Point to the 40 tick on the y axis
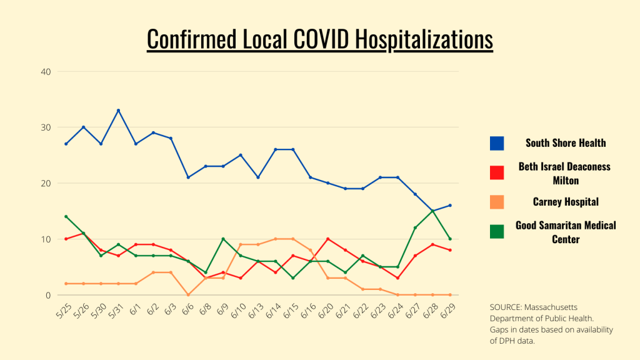[x=46, y=71]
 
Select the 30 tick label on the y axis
[x=46, y=127]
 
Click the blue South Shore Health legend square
[x=497, y=143]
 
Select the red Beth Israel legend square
[x=497, y=172]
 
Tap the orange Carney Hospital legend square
[x=497, y=202]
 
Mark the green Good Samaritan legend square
[x=497, y=231]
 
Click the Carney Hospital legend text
[x=565, y=202]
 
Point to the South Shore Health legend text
[x=565, y=143]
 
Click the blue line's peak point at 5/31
[x=118, y=111]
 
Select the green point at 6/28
[x=432, y=211]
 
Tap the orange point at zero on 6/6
[x=188, y=295]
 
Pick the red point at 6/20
[x=327, y=239]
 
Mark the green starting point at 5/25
[x=66, y=217]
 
